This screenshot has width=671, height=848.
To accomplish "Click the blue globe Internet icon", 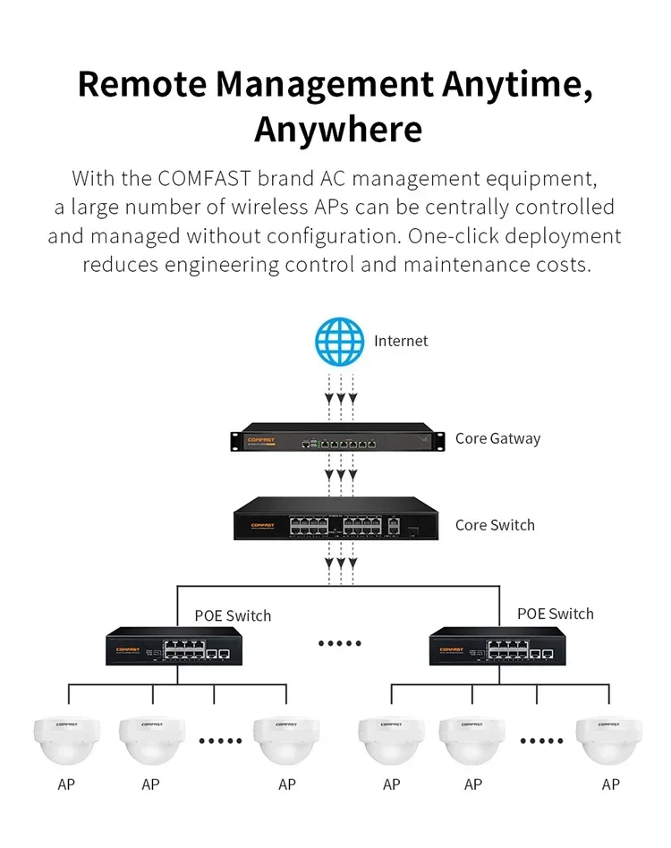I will click(340, 341).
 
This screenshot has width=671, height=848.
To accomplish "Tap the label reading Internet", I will click(401, 341).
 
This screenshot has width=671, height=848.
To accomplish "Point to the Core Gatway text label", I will click(497, 438).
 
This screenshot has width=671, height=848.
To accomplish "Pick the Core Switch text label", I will click(495, 525).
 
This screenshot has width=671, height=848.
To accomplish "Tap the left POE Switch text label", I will click(233, 615).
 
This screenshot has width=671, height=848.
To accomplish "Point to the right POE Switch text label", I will click(555, 614).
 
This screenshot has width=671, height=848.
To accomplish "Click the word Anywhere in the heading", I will click(337, 129).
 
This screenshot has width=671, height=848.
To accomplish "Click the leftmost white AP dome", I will click(66, 741).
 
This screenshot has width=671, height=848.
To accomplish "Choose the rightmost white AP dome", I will click(610, 741).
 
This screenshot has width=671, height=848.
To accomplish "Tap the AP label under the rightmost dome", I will click(610, 784).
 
